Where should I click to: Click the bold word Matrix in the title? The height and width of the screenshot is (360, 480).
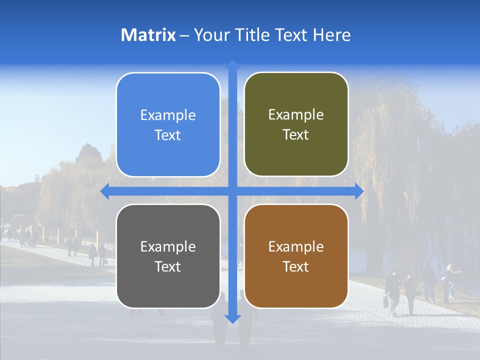148,35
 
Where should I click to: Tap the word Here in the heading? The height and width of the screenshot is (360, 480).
331,35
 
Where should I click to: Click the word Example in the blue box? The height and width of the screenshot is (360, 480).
168,115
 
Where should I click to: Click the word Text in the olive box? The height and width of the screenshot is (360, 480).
296,135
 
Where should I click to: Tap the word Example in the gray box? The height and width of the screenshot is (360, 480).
168,247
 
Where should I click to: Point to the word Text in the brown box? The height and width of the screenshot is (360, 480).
296,266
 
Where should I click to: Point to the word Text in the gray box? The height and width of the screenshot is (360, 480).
168,266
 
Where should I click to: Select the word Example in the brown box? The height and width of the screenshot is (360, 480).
296,247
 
